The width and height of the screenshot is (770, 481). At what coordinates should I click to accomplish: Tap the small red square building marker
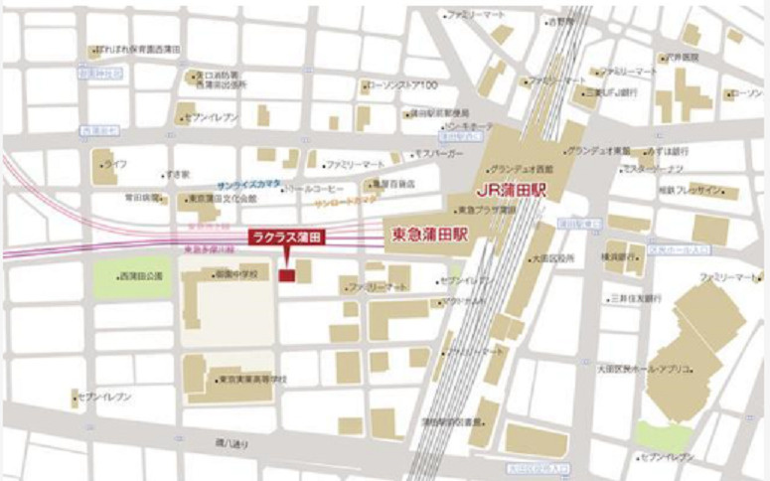[x=286, y=273]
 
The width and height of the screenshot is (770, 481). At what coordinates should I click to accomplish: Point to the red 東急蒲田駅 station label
[x=430, y=237]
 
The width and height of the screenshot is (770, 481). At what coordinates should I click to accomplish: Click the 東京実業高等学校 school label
[x=252, y=379]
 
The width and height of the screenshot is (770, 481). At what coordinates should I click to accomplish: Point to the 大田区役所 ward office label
[x=552, y=257]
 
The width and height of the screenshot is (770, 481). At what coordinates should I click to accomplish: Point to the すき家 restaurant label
[x=178, y=173]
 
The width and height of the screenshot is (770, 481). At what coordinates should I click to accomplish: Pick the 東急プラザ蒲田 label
[x=486, y=210]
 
